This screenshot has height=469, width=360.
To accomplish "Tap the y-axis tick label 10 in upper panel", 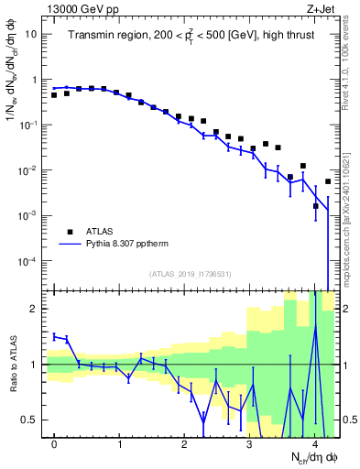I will (31, 34).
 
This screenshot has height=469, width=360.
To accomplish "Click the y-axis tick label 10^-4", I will (27, 262).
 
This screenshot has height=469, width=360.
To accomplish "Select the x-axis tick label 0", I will (54, 443).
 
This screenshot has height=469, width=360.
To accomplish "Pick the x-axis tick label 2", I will (184, 443).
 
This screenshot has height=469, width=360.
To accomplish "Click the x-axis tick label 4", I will (314, 443).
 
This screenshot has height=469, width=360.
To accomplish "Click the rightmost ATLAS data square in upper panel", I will (328, 181).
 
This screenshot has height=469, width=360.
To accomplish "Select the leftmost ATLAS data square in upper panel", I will (54, 95).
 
